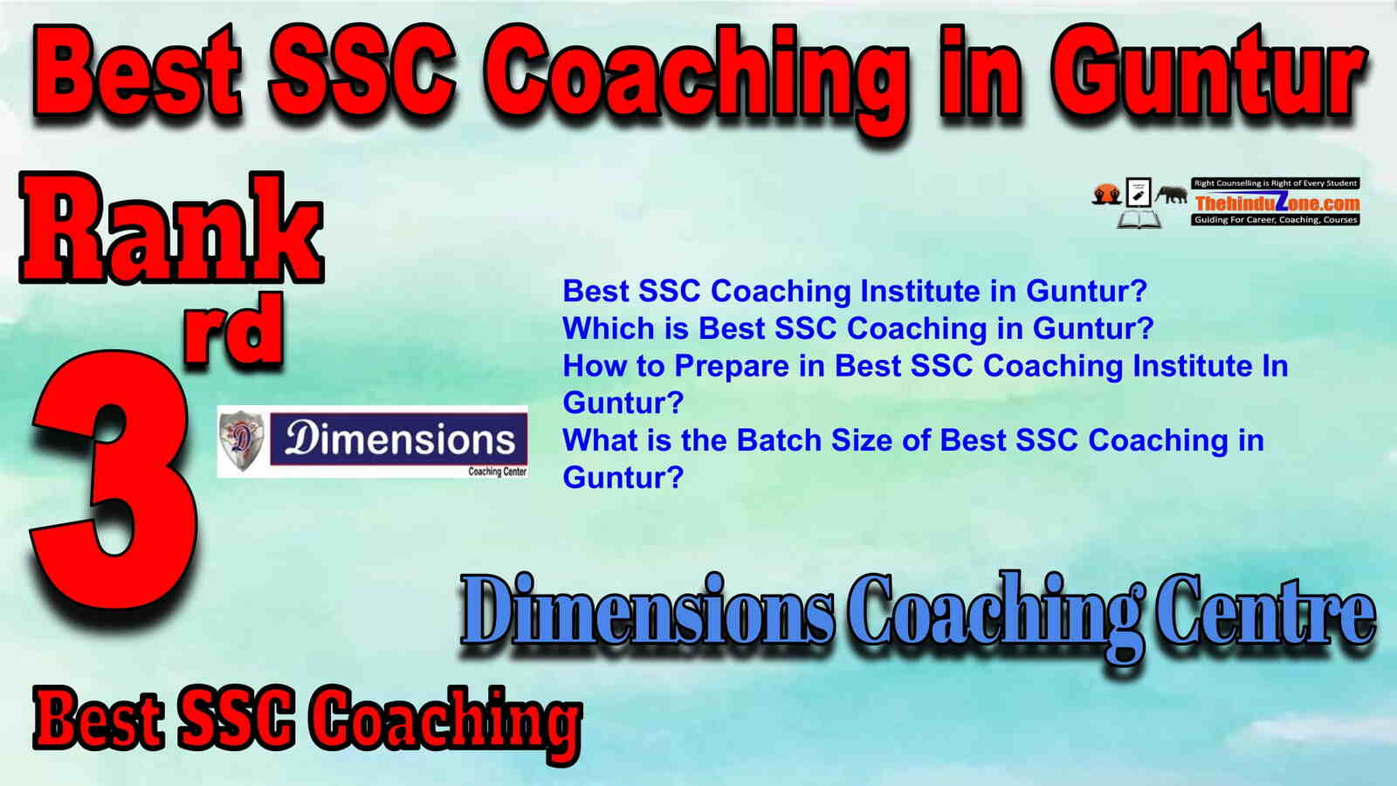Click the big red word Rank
(x=172, y=228)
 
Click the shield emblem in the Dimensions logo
(x=241, y=440)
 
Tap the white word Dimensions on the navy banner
(x=400, y=439)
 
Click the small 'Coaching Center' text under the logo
(x=497, y=472)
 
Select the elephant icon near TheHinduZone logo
(x=1171, y=195)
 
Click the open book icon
(x=1139, y=219)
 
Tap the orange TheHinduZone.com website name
(x=1277, y=202)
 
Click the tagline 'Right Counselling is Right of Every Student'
(x=1276, y=183)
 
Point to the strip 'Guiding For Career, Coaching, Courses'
(x=1276, y=219)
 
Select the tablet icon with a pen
(x=1139, y=192)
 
